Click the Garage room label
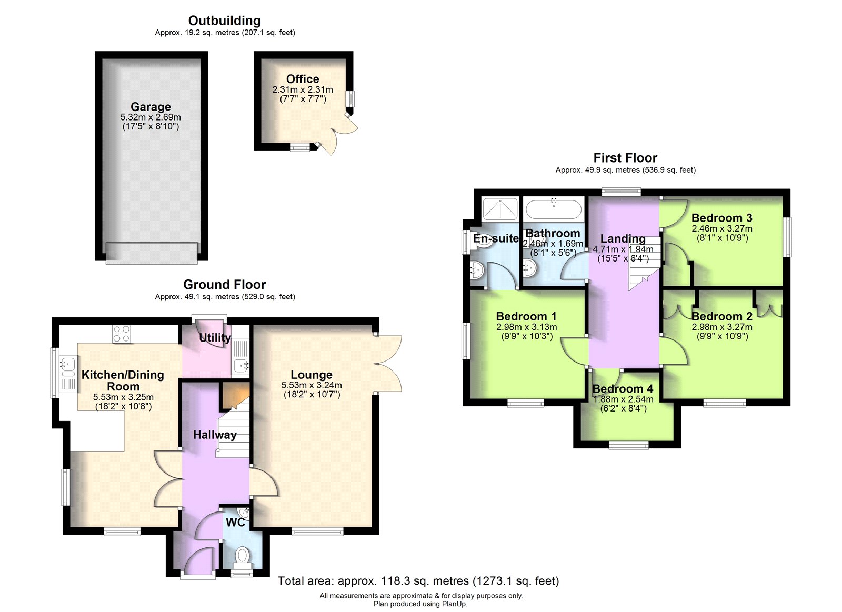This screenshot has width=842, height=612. pos(151,107)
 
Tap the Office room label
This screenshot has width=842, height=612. pos(302,79)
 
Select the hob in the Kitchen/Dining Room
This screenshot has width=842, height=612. pos(122,334)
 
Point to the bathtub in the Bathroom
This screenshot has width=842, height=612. pos(553,209)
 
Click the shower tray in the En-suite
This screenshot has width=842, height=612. pos(500,208)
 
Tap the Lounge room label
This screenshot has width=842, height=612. pos(311,375)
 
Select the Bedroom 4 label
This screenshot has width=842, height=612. pos(623,388)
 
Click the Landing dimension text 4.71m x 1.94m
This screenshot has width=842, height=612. pos(623,249)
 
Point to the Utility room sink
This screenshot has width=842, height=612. pos(240,364)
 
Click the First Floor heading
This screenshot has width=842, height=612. pos(625,157)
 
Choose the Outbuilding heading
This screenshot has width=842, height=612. pos(224,21)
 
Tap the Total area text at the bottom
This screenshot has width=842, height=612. pos(418,581)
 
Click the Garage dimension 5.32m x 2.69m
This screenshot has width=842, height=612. pos(151,117)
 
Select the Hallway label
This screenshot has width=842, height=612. pos(215,435)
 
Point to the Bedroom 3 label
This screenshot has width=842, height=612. pos(721,218)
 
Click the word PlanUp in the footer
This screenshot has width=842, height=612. pos(453,604)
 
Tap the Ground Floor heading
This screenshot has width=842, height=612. pos(224,284)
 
